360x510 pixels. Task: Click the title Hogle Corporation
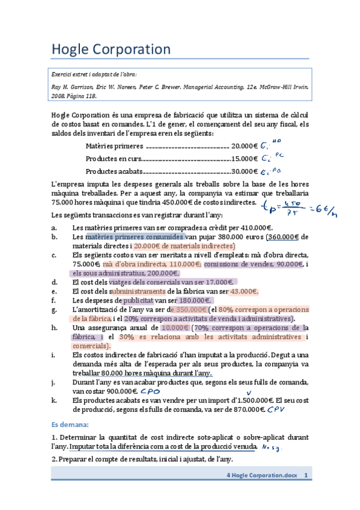pos(111,49)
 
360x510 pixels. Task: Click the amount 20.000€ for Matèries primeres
pos(244,146)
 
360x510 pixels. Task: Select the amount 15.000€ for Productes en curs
pos(244,159)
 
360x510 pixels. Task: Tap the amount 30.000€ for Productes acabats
pos(244,171)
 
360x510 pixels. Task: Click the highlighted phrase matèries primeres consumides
pos(134,237)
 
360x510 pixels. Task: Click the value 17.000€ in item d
pos(218,281)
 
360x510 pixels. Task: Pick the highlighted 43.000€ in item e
pos(244,291)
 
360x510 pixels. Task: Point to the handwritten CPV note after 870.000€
pos(276,409)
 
